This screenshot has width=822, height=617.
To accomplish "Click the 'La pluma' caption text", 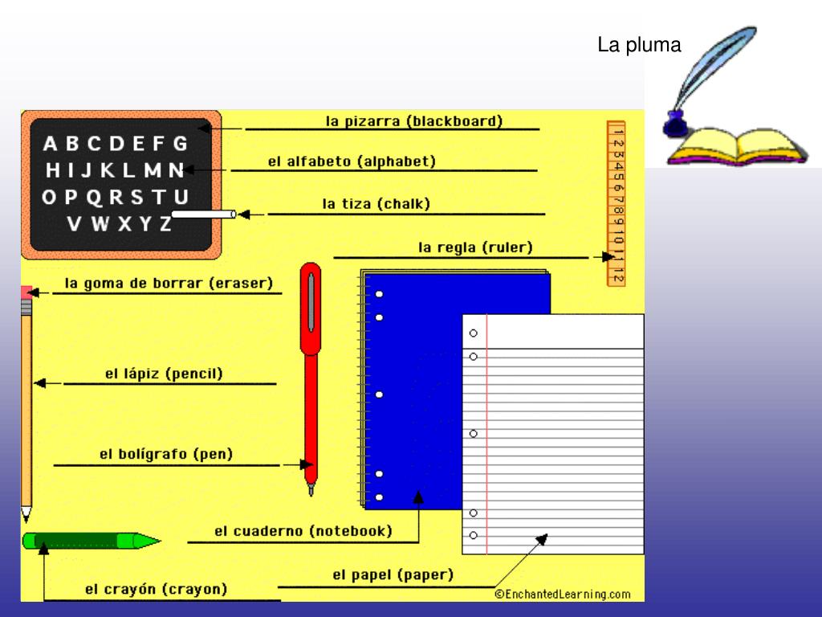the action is (639, 46).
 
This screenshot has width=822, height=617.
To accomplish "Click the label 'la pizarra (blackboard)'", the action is (414, 121).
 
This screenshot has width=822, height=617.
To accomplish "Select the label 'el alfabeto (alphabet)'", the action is (352, 161).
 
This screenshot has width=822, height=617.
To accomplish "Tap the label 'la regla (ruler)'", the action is (475, 247).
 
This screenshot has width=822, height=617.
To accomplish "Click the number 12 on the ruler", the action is (616, 274).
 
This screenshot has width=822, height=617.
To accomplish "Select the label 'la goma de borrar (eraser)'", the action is (169, 283).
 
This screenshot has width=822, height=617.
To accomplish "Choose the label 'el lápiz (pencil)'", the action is (164, 374).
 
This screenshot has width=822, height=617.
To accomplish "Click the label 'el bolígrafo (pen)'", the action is (166, 454).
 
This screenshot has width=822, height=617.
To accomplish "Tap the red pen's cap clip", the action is (310, 301).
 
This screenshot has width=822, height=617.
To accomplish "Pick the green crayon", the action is (88, 541).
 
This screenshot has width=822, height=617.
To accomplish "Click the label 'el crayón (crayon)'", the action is (156, 590).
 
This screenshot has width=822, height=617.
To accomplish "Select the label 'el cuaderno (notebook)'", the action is (303, 531).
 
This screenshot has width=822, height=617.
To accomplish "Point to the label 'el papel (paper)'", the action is (393, 575).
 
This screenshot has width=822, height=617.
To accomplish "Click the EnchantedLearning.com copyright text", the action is (563, 595).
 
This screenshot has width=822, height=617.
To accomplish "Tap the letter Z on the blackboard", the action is (165, 223).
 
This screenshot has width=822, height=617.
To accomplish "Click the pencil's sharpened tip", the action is (26, 513).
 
